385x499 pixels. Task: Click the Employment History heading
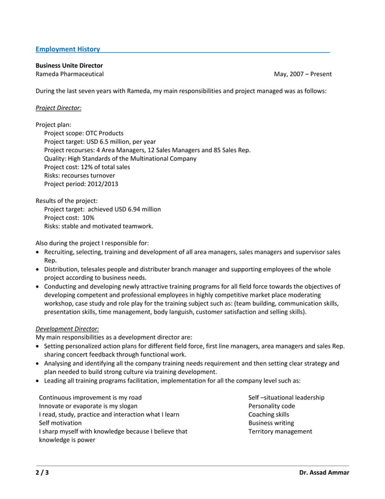(68, 48)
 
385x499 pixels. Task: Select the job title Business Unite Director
(69, 65)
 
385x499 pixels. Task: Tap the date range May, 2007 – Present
(302, 74)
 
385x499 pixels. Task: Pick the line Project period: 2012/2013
(81, 184)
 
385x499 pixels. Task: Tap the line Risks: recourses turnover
(80, 175)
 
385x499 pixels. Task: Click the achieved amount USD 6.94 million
(137, 209)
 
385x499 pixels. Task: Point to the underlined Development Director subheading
(68, 328)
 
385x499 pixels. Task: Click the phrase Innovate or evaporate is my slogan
(87, 406)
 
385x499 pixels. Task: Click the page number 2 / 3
(42, 472)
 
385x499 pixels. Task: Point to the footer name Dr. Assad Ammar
(324, 472)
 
